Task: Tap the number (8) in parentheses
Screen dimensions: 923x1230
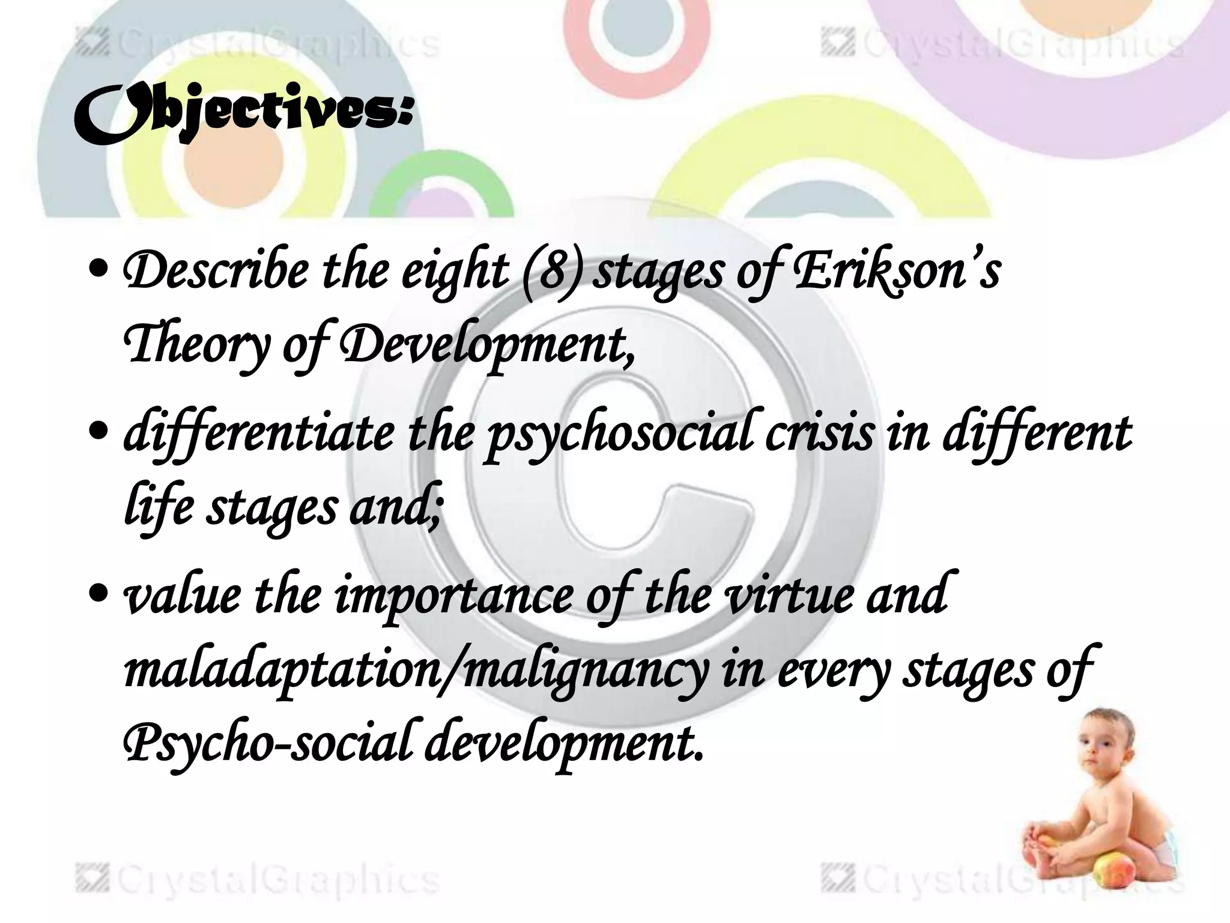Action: (x=553, y=271)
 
